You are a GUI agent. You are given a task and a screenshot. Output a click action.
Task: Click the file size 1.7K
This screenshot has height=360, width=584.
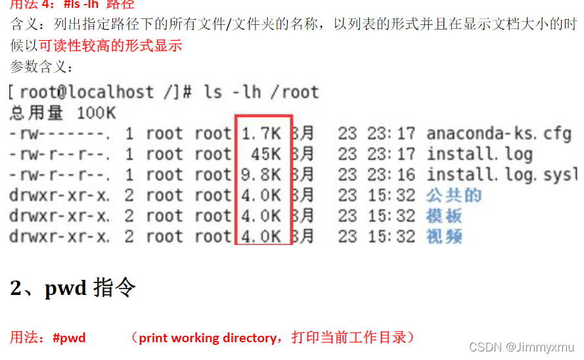point(261,134)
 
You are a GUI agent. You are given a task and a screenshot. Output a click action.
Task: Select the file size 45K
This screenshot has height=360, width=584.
point(266,154)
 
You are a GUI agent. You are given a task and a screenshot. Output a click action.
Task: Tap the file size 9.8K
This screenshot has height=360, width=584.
point(261,175)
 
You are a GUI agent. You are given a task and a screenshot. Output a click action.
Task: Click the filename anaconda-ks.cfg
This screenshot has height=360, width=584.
point(499,134)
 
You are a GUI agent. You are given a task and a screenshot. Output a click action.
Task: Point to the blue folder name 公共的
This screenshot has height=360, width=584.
point(454,196)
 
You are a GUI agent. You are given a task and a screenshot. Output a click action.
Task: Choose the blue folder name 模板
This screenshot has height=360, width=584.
point(445,216)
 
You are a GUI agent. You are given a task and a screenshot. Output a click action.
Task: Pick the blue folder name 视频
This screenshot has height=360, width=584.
point(445,236)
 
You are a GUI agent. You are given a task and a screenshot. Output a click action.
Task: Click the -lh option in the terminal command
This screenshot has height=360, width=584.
point(246,92)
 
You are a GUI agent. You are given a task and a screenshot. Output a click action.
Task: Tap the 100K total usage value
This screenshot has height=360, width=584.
point(97,114)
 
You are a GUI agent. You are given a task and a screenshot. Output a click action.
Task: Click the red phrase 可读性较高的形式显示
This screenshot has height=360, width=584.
point(110,46)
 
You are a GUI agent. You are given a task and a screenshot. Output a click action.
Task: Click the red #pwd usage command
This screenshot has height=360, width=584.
point(69,338)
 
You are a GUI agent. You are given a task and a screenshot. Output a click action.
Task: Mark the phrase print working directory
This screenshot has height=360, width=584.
point(208,338)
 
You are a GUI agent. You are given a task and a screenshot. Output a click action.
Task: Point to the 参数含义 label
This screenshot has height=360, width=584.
point(39,66)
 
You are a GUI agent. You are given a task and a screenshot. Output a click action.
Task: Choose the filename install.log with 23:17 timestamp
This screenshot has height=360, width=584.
point(480,154)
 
